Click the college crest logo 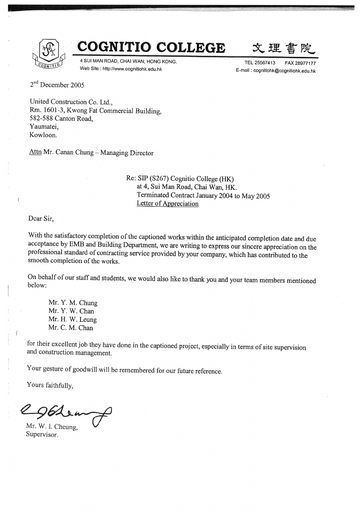49,54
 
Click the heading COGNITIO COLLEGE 151,48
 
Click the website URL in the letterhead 132,69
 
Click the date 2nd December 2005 57,84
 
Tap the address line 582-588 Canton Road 61,119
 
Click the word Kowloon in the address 43,135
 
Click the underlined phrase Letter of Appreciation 167,204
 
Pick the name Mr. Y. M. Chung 73,303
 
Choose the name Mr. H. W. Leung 73,320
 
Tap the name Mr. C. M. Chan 71,328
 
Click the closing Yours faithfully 50,385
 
